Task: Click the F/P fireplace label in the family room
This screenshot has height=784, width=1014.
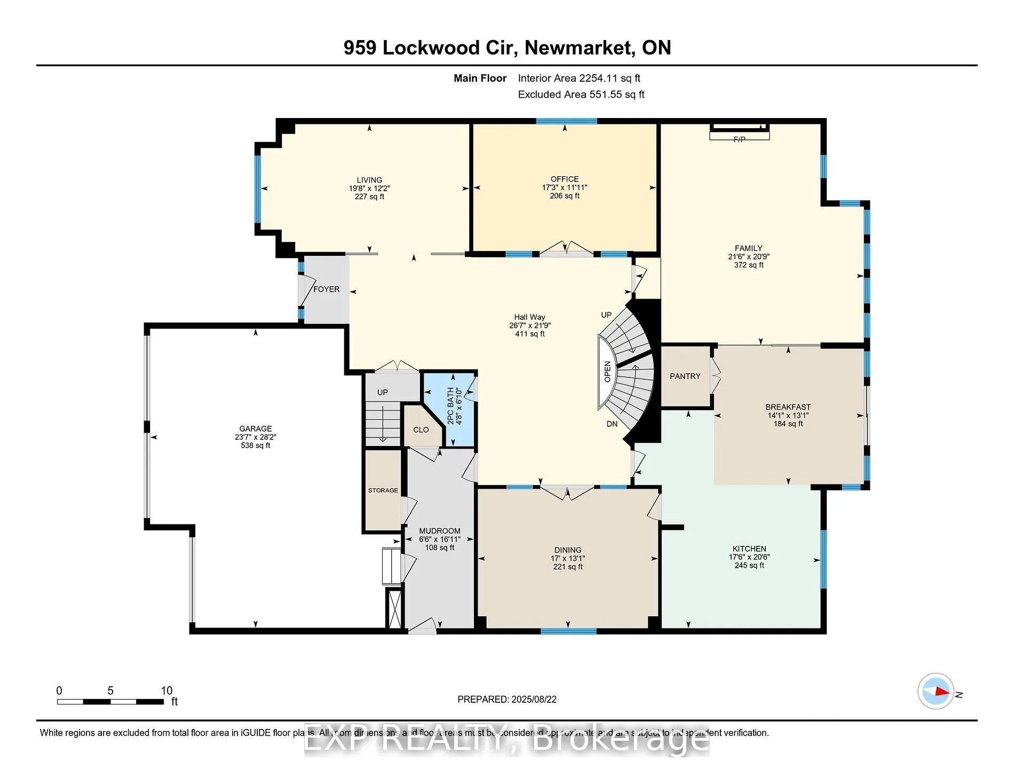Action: pyautogui.click(x=739, y=139)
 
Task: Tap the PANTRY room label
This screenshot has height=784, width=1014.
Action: pyautogui.click(x=685, y=376)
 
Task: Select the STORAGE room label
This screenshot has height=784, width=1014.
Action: pyautogui.click(x=383, y=490)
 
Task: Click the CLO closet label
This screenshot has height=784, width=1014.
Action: pyautogui.click(x=421, y=429)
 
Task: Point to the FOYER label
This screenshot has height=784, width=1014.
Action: pyautogui.click(x=326, y=289)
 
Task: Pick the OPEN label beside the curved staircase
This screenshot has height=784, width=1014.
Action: pyautogui.click(x=607, y=371)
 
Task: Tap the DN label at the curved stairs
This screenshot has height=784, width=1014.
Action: pyautogui.click(x=612, y=424)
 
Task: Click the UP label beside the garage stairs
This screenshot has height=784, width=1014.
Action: pyautogui.click(x=382, y=392)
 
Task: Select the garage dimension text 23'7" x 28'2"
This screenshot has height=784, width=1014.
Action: pyautogui.click(x=255, y=437)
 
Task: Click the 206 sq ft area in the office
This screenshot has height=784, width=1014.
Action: pyautogui.click(x=564, y=196)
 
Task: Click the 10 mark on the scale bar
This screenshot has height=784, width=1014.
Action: pyautogui.click(x=167, y=691)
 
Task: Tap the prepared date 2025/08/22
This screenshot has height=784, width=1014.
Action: pyautogui.click(x=532, y=699)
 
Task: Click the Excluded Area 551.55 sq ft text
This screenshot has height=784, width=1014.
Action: pyautogui.click(x=581, y=95)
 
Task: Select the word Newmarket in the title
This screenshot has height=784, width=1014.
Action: pyautogui.click(x=579, y=48)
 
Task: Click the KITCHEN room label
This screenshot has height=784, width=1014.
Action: pyautogui.click(x=749, y=548)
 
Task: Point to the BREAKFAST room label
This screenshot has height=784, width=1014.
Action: pyautogui.click(x=788, y=407)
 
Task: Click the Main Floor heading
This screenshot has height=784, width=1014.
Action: pyautogui.click(x=480, y=78)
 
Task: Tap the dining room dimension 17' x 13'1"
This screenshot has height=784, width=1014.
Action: pyautogui.click(x=567, y=558)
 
